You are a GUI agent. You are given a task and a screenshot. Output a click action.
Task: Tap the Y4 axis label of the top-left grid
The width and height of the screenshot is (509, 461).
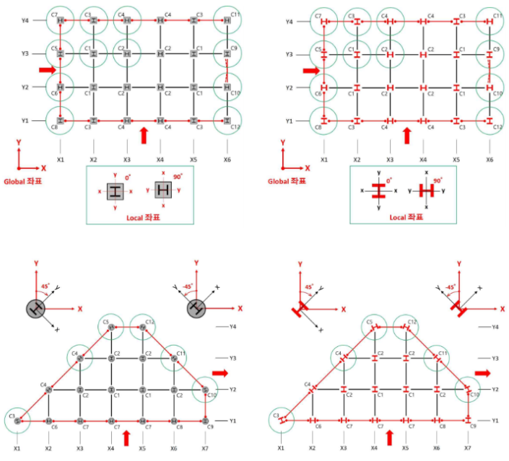(24, 22)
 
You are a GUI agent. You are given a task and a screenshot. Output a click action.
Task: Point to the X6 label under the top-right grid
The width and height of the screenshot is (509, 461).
(490, 159)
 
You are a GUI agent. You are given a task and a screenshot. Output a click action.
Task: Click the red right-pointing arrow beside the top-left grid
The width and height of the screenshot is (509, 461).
(45, 70)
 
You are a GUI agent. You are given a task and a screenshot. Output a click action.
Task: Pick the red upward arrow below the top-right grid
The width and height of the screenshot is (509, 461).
(407, 134)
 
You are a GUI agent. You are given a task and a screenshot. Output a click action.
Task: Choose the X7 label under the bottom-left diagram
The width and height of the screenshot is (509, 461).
(206, 448)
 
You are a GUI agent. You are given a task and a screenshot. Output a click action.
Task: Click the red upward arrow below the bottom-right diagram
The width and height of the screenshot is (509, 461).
(390, 437)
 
